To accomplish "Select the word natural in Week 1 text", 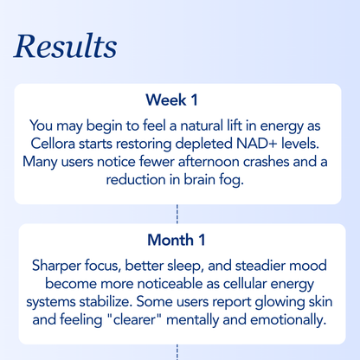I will coord(172,125).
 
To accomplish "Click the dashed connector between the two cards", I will coord(177,215).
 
